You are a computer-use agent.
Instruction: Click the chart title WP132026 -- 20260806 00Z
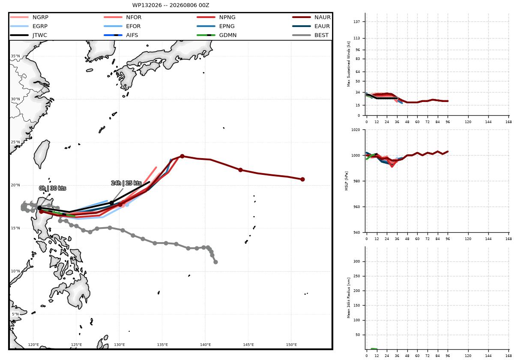pyautogui.click(x=170, y=5)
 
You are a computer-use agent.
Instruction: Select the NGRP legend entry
pyautogui.click(x=29, y=17)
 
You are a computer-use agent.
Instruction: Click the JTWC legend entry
pyautogui.click(x=28, y=35)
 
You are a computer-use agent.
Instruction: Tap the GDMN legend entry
pyautogui.click(x=216, y=35)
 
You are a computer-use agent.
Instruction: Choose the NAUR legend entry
pyautogui.click(x=311, y=17)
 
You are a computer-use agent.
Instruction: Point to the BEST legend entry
pyautogui.click(x=310, y=35)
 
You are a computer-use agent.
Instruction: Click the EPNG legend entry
pyautogui.click(x=215, y=26)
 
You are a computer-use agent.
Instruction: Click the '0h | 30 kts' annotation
pyautogui.click(x=53, y=188)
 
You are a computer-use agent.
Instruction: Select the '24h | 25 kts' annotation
pyautogui.click(x=126, y=183)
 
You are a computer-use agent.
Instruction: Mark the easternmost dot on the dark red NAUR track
pyautogui.click(x=302, y=179)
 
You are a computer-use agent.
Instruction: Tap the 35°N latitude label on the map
pyautogui.click(x=15, y=56)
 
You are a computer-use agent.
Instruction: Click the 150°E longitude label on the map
pyautogui.click(x=291, y=345)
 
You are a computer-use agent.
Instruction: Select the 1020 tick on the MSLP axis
pyautogui.click(x=356, y=130)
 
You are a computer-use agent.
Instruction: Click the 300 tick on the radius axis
pyautogui.click(x=357, y=261)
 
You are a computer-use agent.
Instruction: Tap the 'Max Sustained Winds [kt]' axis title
pyautogui.click(x=349, y=64)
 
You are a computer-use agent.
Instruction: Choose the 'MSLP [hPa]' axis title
pyautogui.click(x=346, y=181)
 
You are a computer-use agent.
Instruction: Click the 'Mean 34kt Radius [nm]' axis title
pyautogui.click(x=349, y=298)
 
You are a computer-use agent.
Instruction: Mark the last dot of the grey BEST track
pyautogui.click(x=215, y=262)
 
